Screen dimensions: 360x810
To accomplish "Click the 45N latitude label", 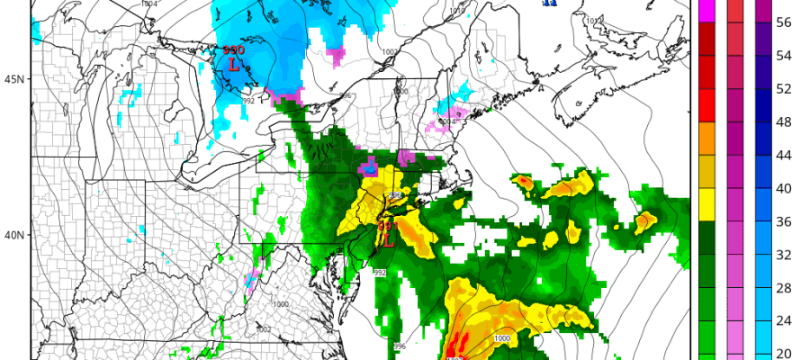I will coord(13,79).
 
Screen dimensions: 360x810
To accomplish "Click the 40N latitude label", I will coord(13,236).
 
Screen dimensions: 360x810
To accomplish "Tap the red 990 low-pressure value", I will coord(233,51).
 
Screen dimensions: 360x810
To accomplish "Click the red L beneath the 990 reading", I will coord(234,65).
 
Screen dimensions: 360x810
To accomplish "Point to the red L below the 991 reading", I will coord(389,240).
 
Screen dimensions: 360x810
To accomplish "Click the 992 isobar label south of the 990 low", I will coord(248,100).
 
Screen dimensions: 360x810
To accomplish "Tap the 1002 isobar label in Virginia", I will coord(263,329).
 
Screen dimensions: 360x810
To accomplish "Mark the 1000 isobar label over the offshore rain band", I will coord(501,337).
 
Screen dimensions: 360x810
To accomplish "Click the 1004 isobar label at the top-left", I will coord(148,4).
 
